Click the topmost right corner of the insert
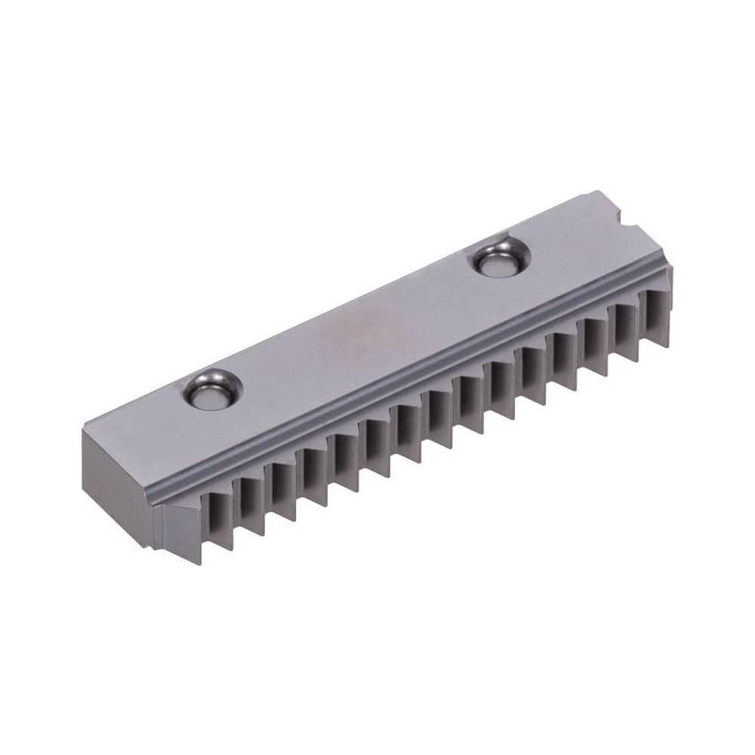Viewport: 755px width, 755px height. pyautogui.click(x=596, y=192)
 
